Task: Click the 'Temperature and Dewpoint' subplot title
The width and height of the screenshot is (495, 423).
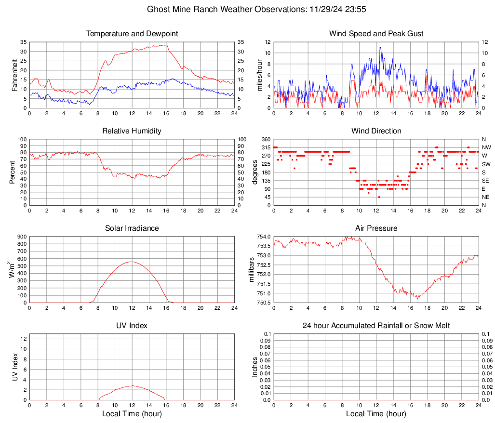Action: click(x=132, y=34)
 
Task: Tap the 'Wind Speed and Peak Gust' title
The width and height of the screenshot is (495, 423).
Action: click(x=376, y=34)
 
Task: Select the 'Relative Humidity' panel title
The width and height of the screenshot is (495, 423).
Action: click(x=132, y=131)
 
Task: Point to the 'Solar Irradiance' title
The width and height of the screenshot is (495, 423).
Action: click(x=132, y=228)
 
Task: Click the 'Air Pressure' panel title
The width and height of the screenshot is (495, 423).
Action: click(x=376, y=228)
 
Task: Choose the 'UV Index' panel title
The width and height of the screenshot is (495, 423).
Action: click(x=132, y=326)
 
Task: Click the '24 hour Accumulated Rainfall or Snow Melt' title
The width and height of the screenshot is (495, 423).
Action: click(x=376, y=326)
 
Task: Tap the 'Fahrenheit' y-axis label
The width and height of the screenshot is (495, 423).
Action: click(x=14, y=75)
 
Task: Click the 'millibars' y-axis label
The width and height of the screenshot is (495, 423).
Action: click(x=251, y=270)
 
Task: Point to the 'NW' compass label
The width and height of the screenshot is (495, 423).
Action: click(x=486, y=147)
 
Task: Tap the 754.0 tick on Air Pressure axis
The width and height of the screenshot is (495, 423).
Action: click(x=263, y=237)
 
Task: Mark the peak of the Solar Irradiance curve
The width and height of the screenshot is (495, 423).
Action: click(x=132, y=262)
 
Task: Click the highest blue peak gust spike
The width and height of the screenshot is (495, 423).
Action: click(x=380, y=47)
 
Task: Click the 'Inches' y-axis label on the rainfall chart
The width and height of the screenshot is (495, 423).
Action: click(x=255, y=367)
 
